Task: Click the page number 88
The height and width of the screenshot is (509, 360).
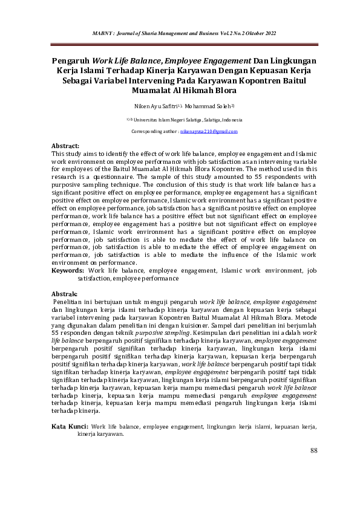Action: pyautogui.click(x=313, y=450)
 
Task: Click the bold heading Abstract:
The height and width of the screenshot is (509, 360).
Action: pyautogui.click(x=65, y=146)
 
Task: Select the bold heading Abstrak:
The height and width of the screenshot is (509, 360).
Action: pyautogui.click(x=65, y=293)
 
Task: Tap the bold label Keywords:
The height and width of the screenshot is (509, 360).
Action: pyautogui.click(x=68, y=271)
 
